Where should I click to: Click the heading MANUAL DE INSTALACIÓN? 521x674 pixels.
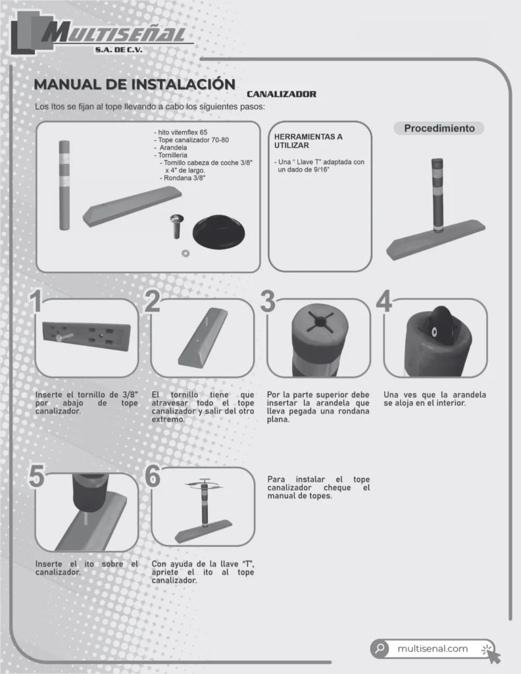point(134,84)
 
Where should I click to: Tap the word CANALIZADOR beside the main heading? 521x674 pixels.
point(282,94)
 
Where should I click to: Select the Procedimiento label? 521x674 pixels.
point(439,128)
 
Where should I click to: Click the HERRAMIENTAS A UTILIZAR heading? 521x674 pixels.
point(309,141)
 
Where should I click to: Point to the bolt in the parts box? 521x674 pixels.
point(176,226)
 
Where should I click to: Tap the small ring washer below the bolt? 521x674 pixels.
point(186,253)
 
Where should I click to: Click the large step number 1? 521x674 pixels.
point(36,301)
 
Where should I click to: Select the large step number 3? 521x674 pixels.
point(268,301)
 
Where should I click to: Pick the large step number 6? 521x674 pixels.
point(153,476)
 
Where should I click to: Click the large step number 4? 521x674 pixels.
point(384,301)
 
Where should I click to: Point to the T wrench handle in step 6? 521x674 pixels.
point(205,480)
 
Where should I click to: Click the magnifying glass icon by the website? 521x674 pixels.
point(380,648)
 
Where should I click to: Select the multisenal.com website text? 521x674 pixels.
point(432,648)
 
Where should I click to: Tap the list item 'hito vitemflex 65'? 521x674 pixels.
point(181,132)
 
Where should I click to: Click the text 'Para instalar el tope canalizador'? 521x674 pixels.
point(318,483)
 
